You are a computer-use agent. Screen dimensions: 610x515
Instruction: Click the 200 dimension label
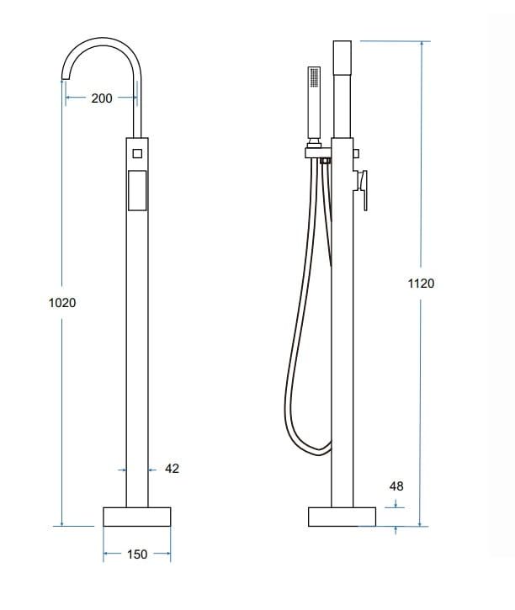[101, 98]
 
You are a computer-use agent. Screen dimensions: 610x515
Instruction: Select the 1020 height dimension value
[62, 302]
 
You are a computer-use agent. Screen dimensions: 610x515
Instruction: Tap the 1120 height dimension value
[421, 284]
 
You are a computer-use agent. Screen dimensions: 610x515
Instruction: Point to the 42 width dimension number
[172, 469]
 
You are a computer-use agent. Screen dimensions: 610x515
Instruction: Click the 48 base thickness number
[396, 486]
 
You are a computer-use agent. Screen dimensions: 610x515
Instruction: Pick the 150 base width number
[136, 554]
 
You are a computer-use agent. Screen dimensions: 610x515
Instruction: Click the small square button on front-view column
[136, 153]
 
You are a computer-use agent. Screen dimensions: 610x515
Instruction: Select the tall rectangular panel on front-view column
[136, 188]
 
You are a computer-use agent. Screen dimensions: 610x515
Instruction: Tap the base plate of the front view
[136, 517]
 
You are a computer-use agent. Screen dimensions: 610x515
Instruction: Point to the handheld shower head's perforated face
[315, 80]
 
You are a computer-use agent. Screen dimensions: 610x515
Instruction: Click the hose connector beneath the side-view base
[324, 530]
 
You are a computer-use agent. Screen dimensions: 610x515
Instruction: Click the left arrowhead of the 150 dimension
[106, 554]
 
